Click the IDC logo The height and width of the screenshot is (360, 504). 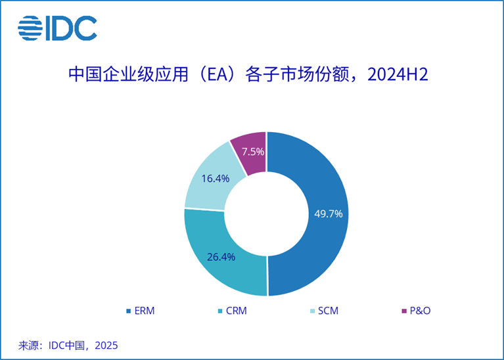pos(57,28)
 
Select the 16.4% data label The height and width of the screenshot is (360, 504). pos(216,178)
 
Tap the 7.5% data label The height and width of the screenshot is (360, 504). pos(253,152)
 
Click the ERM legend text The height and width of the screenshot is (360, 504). pos(144,311)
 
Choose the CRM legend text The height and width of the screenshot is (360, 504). pos(235,311)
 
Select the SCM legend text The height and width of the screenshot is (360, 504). pos(327,311)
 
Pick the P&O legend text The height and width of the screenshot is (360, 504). pos(419,311)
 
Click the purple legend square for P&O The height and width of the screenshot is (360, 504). pos(403,311)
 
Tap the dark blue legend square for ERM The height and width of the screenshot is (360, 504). pos(127,311)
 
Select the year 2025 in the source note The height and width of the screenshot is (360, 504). pos(105,345)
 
